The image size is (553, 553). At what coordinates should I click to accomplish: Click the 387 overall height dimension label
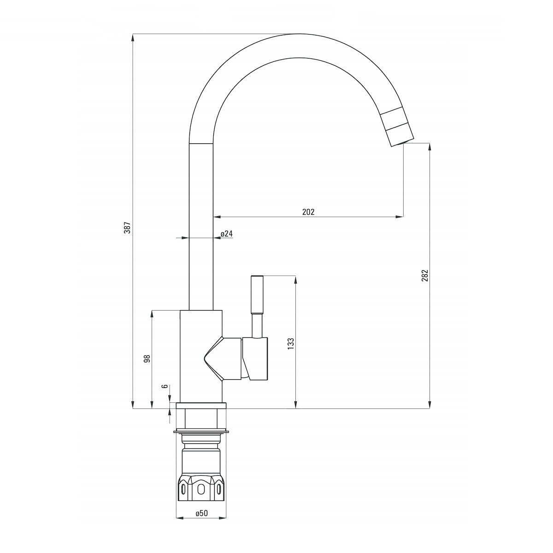(x=128, y=227)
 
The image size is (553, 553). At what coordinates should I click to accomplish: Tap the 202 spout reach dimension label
(x=308, y=212)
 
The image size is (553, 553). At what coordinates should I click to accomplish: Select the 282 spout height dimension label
(x=425, y=275)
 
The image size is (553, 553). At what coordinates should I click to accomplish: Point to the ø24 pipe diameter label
(x=227, y=234)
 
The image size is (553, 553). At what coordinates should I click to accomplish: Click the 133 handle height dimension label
(x=291, y=343)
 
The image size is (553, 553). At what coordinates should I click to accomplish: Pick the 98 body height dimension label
(x=147, y=359)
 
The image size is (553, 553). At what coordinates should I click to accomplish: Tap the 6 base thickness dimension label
(x=165, y=386)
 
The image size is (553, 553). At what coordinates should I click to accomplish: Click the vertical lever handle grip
(x=257, y=294)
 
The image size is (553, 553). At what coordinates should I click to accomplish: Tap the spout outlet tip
(x=402, y=143)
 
